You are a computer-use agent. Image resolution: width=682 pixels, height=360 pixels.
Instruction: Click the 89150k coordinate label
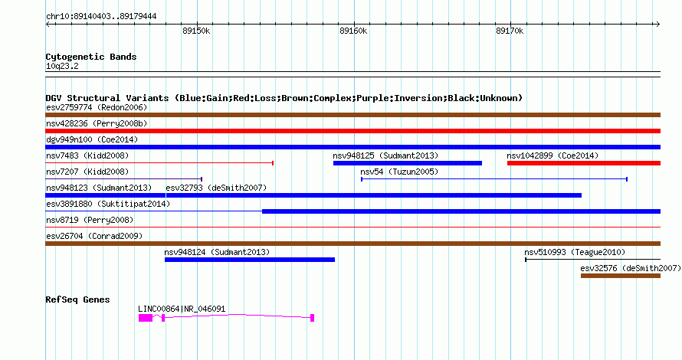(196, 31)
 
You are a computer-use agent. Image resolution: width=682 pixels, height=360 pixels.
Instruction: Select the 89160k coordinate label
(353, 31)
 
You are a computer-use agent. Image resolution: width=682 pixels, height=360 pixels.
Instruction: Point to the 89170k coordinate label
(510, 31)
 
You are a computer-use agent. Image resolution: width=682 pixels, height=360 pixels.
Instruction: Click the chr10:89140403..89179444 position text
(101, 17)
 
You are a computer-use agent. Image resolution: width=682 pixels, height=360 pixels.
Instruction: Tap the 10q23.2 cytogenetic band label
(62, 66)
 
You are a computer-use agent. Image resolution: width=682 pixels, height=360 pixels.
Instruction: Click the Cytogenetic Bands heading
(91, 57)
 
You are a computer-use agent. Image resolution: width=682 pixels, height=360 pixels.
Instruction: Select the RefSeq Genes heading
(78, 299)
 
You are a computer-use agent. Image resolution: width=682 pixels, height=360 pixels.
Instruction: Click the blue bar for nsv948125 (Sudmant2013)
(408, 163)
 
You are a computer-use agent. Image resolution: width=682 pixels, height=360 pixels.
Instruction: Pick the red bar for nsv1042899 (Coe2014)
(584, 163)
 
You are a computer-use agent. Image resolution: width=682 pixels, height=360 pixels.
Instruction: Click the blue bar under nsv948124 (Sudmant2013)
(250, 260)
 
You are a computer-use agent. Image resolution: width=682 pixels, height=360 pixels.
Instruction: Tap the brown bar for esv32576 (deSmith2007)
(621, 276)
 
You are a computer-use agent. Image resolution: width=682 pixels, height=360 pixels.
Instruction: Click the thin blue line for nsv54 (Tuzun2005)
(494, 179)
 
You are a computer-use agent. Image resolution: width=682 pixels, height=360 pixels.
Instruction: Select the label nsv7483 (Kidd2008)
(87, 155)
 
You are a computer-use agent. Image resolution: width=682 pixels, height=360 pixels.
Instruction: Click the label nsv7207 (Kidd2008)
(87, 172)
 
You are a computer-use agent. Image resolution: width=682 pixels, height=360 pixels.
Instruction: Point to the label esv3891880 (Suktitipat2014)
(108, 204)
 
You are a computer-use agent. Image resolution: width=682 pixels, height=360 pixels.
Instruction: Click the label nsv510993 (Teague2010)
(575, 252)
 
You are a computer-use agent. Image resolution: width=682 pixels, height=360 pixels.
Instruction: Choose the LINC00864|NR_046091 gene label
(182, 309)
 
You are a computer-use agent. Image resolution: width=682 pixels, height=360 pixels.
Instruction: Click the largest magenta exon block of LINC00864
(146, 318)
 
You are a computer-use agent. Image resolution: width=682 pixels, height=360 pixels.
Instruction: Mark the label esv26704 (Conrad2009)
(94, 236)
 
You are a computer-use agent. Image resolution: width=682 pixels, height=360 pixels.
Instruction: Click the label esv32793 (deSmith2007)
(216, 188)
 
